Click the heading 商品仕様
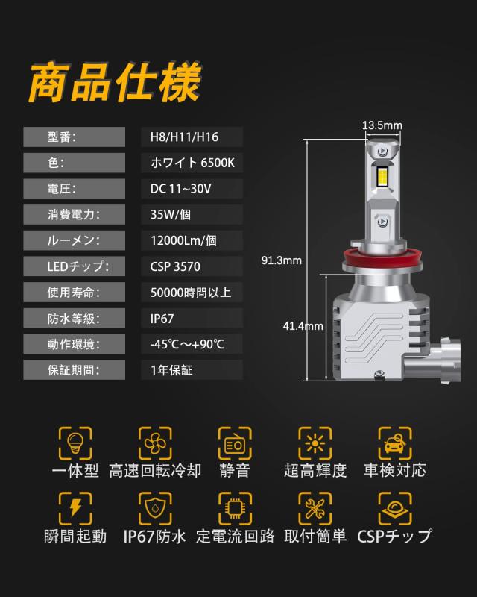point(114,84)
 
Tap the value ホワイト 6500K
point(192,163)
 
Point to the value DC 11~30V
point(180,189)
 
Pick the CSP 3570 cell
point(175,266)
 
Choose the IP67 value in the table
point(162,318)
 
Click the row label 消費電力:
point(73,214)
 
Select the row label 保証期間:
point(73,369)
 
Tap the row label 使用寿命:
point(73,292)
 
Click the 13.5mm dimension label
point(382,125)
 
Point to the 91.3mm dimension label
point(281,260)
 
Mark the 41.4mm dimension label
point(303,326)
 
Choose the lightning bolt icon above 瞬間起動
point(75,507)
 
